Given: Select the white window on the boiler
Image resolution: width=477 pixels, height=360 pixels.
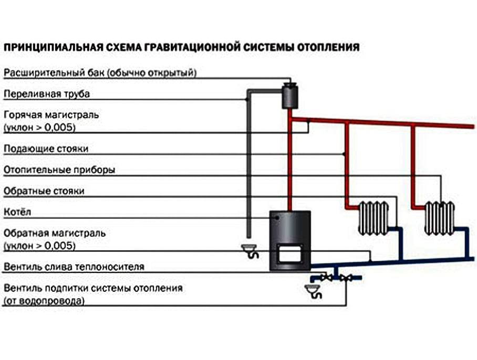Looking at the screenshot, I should pos(289,255).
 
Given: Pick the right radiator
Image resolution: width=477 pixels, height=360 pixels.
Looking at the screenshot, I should pos(440,217).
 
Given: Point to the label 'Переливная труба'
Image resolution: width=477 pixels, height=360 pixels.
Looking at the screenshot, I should pos(47,94).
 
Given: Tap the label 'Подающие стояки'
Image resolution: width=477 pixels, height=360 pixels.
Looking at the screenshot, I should pos(46,149).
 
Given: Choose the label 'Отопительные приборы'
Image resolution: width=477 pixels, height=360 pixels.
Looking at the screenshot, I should pos(59,171).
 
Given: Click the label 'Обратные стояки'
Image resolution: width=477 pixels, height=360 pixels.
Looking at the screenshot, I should pos(44,191).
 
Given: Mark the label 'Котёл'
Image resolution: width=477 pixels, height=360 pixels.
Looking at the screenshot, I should pos(18,213).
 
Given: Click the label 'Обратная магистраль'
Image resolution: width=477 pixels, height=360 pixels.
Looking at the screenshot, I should pos(55,233).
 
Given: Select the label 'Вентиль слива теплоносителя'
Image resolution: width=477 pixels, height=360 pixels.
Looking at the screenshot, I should pos(74,267).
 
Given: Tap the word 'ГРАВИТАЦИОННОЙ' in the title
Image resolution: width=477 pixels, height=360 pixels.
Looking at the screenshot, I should pos(202,47).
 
